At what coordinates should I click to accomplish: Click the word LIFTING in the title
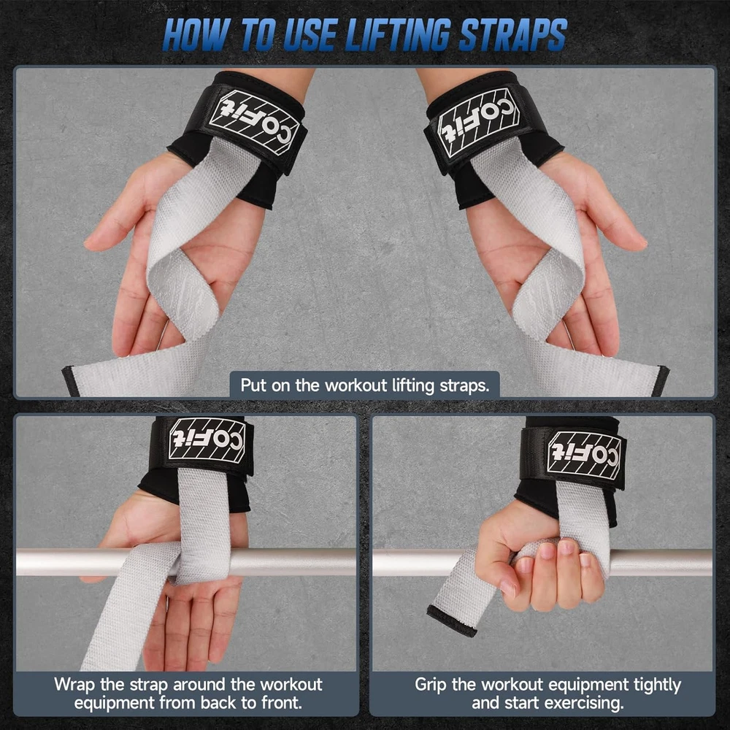click(x=397, y=35)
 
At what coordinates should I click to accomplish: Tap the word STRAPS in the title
click(x=512, y=35)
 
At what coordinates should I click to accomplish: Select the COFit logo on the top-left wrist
click(x=255, y=122)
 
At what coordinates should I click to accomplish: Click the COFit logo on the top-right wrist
click(x=477, y=122)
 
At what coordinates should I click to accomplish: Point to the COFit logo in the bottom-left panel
click(x=207, y=439)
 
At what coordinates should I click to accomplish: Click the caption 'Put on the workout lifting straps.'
click(x=365, y=385)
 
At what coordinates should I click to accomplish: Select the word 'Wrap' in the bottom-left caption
click(x=74, y=685)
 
